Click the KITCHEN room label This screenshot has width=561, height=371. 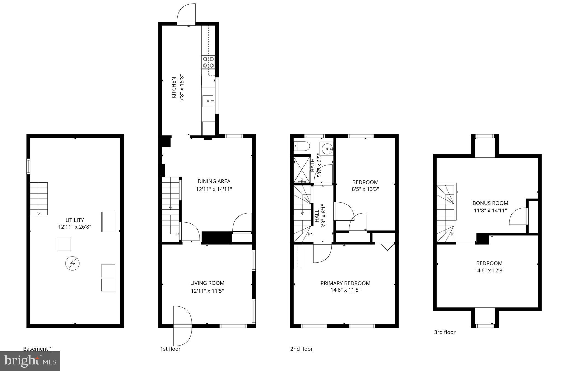(174, 88)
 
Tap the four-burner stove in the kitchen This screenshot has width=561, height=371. (208, 62)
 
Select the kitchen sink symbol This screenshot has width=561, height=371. (208, 101)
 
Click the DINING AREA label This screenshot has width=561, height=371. (214, 181)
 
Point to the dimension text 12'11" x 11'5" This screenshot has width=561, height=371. (207, 291)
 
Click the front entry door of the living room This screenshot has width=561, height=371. (182, 326)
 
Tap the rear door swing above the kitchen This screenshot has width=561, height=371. (187, 14)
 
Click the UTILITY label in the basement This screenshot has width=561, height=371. (75, 220)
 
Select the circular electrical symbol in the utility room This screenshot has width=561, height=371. (72, 264)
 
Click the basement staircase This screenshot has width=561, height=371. (39, 199)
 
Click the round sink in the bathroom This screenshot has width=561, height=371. (327, 149)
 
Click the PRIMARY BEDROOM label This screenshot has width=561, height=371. (345, 283)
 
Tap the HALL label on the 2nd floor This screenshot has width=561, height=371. (317, 216)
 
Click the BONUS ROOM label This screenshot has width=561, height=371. (490, 203)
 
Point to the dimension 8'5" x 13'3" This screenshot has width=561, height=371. (365, 189)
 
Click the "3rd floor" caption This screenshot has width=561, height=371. (445, 332)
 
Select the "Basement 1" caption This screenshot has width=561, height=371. (38, 349)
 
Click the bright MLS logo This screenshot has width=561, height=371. (30, 361)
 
